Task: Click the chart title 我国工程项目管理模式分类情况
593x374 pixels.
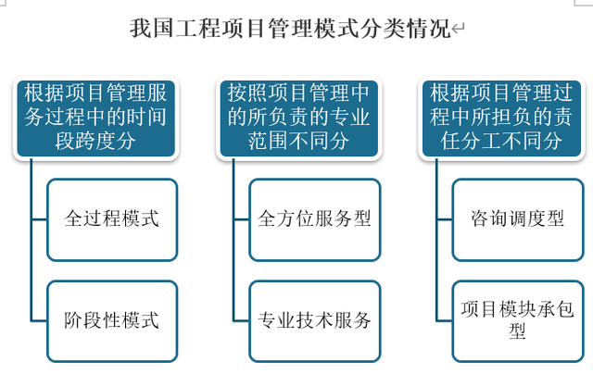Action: point(290,29)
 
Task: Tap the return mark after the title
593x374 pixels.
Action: point(458,29)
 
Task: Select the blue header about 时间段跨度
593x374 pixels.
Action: point(95,118)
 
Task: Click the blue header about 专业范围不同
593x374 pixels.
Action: point(298,118)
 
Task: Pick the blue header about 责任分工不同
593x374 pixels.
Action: point(501,118)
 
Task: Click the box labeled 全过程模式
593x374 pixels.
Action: point(112,220)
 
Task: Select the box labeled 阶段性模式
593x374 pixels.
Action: point(112,321)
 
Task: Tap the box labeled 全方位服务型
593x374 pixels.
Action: point(315,220)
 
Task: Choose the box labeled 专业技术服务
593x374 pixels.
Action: point(315,321)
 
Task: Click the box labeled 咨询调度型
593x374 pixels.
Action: point(518,220)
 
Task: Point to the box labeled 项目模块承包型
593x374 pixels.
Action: point(518,321)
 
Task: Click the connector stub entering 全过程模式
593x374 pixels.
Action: point(39,219)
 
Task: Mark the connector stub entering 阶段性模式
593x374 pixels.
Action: point(39,321)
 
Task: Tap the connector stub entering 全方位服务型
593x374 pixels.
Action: point(242,219)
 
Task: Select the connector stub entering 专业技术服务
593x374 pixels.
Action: point(242,321)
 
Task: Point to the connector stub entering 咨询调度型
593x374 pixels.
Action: point(445,219)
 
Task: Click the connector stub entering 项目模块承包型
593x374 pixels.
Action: point(445,321)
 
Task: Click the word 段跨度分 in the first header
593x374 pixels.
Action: point(95,141)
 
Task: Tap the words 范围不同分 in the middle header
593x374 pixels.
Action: point(298,141)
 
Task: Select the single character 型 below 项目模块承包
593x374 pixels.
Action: point(517,331)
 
